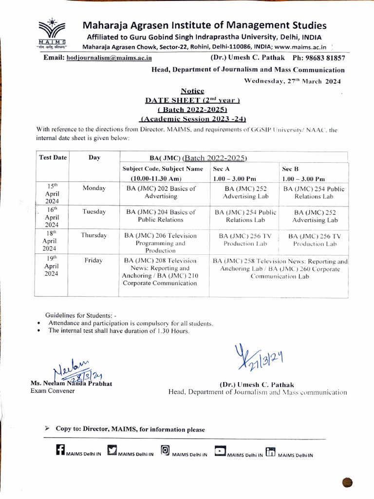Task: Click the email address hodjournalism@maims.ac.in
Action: pyautogui.click(x=109, y=58)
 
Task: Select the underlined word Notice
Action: pyautogui.click(x=192, y=91)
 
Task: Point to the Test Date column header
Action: pyautogui.click(x=53, y=157)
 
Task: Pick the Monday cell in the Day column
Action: pyautogui.click(x=94, y=189)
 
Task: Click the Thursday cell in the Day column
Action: pyautogui.click(x=94, y=235)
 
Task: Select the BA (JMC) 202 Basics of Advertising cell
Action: pyautogui.click(x=161, y=192)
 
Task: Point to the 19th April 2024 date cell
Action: pyautogui.click(x=51, y=267)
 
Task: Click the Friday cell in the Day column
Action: pyautogui.click(x=93, y=261)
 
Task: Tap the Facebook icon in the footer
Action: pyautogui.click(x=60, y=451)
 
